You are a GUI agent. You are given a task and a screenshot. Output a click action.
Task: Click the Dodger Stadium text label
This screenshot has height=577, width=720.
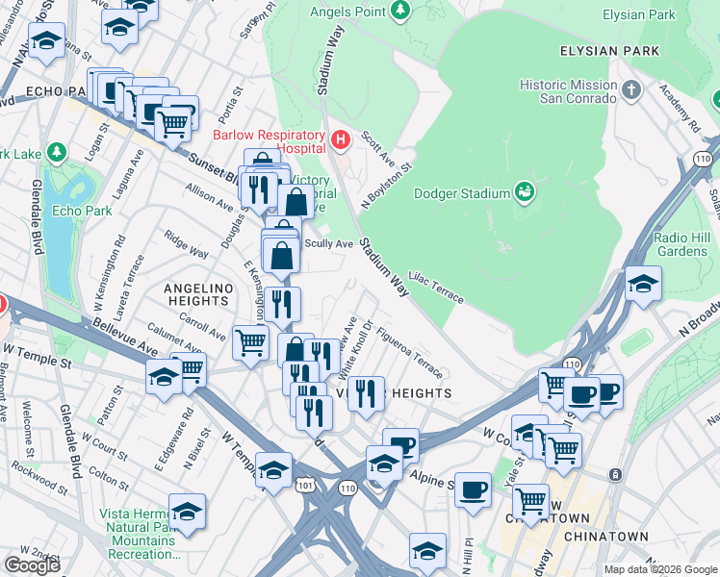[x=461, y=193]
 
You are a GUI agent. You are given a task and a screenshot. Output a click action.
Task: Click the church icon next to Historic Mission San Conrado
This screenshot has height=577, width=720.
[x=631, y=91]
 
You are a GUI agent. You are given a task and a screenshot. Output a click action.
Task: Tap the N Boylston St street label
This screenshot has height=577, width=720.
[x=386, y=186]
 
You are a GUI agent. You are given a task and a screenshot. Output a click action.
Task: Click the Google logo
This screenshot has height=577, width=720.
[x=32, y=565]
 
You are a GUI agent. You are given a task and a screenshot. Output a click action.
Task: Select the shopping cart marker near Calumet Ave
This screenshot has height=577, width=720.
[x=250, y=340]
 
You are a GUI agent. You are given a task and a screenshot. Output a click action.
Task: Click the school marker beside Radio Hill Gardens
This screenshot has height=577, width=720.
[x=643, y=284]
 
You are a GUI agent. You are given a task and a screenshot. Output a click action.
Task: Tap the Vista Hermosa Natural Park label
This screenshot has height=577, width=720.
[x=141, y=527]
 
